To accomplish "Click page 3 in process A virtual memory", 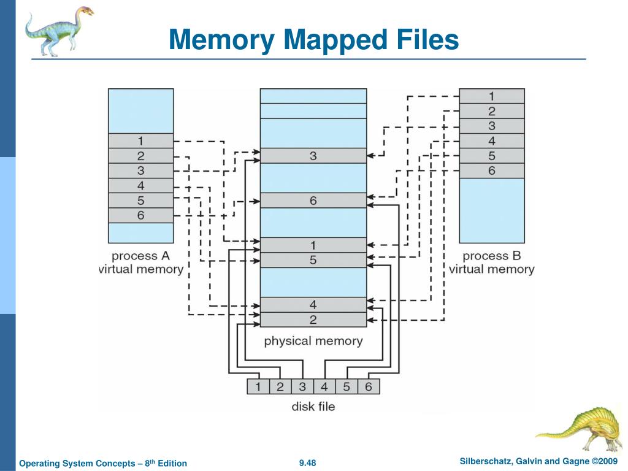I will (x=140, y=170).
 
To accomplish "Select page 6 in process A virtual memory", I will (x=140, y=215).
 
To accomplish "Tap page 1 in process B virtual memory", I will (x=492, y=96).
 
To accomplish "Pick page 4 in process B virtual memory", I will (x=492, y=140).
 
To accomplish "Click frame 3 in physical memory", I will (x=313, y=156).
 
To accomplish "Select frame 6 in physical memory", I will (x=313, y=201).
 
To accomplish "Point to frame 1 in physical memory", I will (x=313, y=245).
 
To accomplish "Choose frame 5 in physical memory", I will (x=313, y=260).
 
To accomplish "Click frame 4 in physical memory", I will (x=313, y=304).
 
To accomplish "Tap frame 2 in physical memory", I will (x=313, y=320).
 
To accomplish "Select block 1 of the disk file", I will (x=258, y=386).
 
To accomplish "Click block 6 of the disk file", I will (x=369, y=386).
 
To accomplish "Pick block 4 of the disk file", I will (x=324, y=386).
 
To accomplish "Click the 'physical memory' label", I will (x=313, y=340).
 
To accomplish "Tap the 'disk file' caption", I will (x=313, y=406).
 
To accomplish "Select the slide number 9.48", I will (x=307, y=462).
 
